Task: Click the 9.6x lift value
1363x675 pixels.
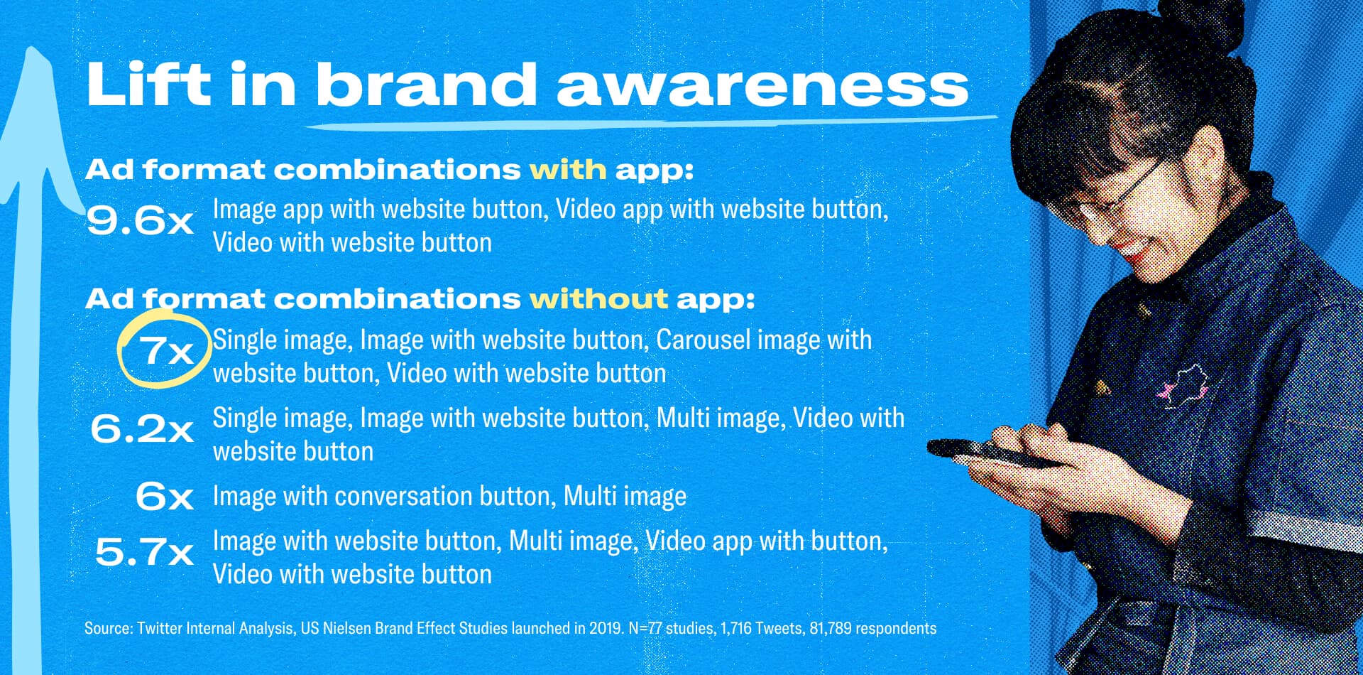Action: [x=140, y=220]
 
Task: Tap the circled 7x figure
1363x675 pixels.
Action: [x=166, y=350]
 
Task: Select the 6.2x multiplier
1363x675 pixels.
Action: [x=142, y=428]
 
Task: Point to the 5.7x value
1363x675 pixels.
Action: [x=144, y=551]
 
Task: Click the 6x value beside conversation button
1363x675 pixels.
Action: [x=165, y=496]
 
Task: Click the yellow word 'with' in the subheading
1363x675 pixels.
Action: [x=568, y=170]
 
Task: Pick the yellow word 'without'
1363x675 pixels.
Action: [x=598, y=299]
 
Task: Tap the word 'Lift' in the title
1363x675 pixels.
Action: [x=149, y=84]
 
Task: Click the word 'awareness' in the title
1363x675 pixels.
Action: [x=762, y=85]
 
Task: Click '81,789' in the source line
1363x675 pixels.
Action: [x=830, y=628]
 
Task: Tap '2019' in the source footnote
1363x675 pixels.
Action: [x=605, y=628]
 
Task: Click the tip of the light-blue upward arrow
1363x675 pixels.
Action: [x=31, y=48]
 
